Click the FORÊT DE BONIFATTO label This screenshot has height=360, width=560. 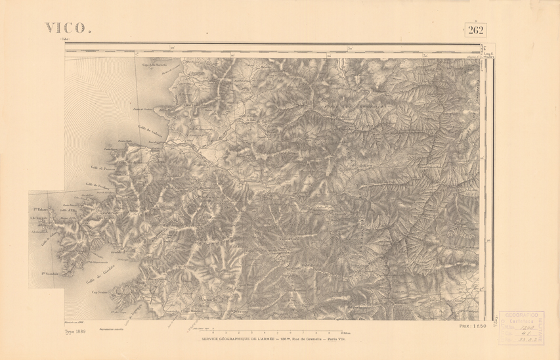point(355,105)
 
